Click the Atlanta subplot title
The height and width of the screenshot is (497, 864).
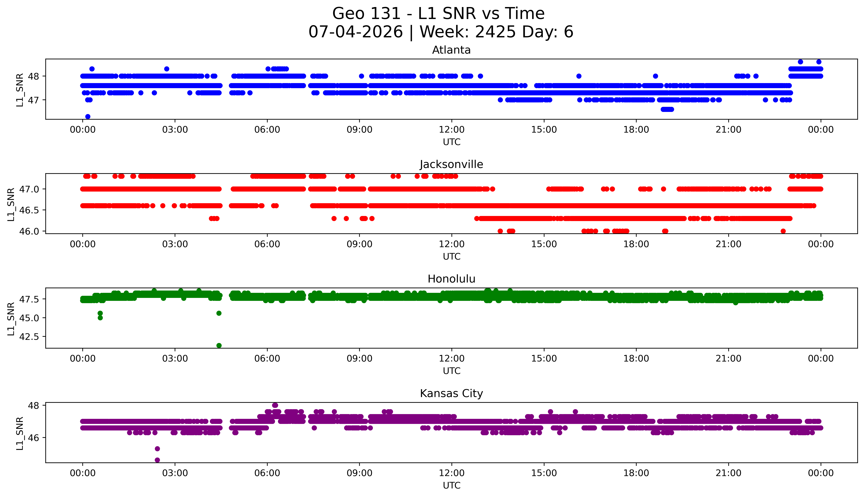(451, 50)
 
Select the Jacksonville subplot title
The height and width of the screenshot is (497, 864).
(451, 165)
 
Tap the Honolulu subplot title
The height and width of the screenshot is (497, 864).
(451, 279)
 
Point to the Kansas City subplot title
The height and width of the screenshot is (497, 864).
(451, 394)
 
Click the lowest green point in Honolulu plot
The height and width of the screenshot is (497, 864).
(219, 345)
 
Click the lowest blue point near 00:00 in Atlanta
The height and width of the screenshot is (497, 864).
(88, 116)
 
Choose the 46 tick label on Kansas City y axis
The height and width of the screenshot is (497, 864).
(34, 438)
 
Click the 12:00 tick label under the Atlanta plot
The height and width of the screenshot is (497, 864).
(451, 130)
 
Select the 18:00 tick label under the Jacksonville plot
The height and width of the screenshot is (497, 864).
(636, 244)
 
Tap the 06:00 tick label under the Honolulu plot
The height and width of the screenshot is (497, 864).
(267, 358)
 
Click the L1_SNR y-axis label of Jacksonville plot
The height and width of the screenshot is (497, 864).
(11, 204)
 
